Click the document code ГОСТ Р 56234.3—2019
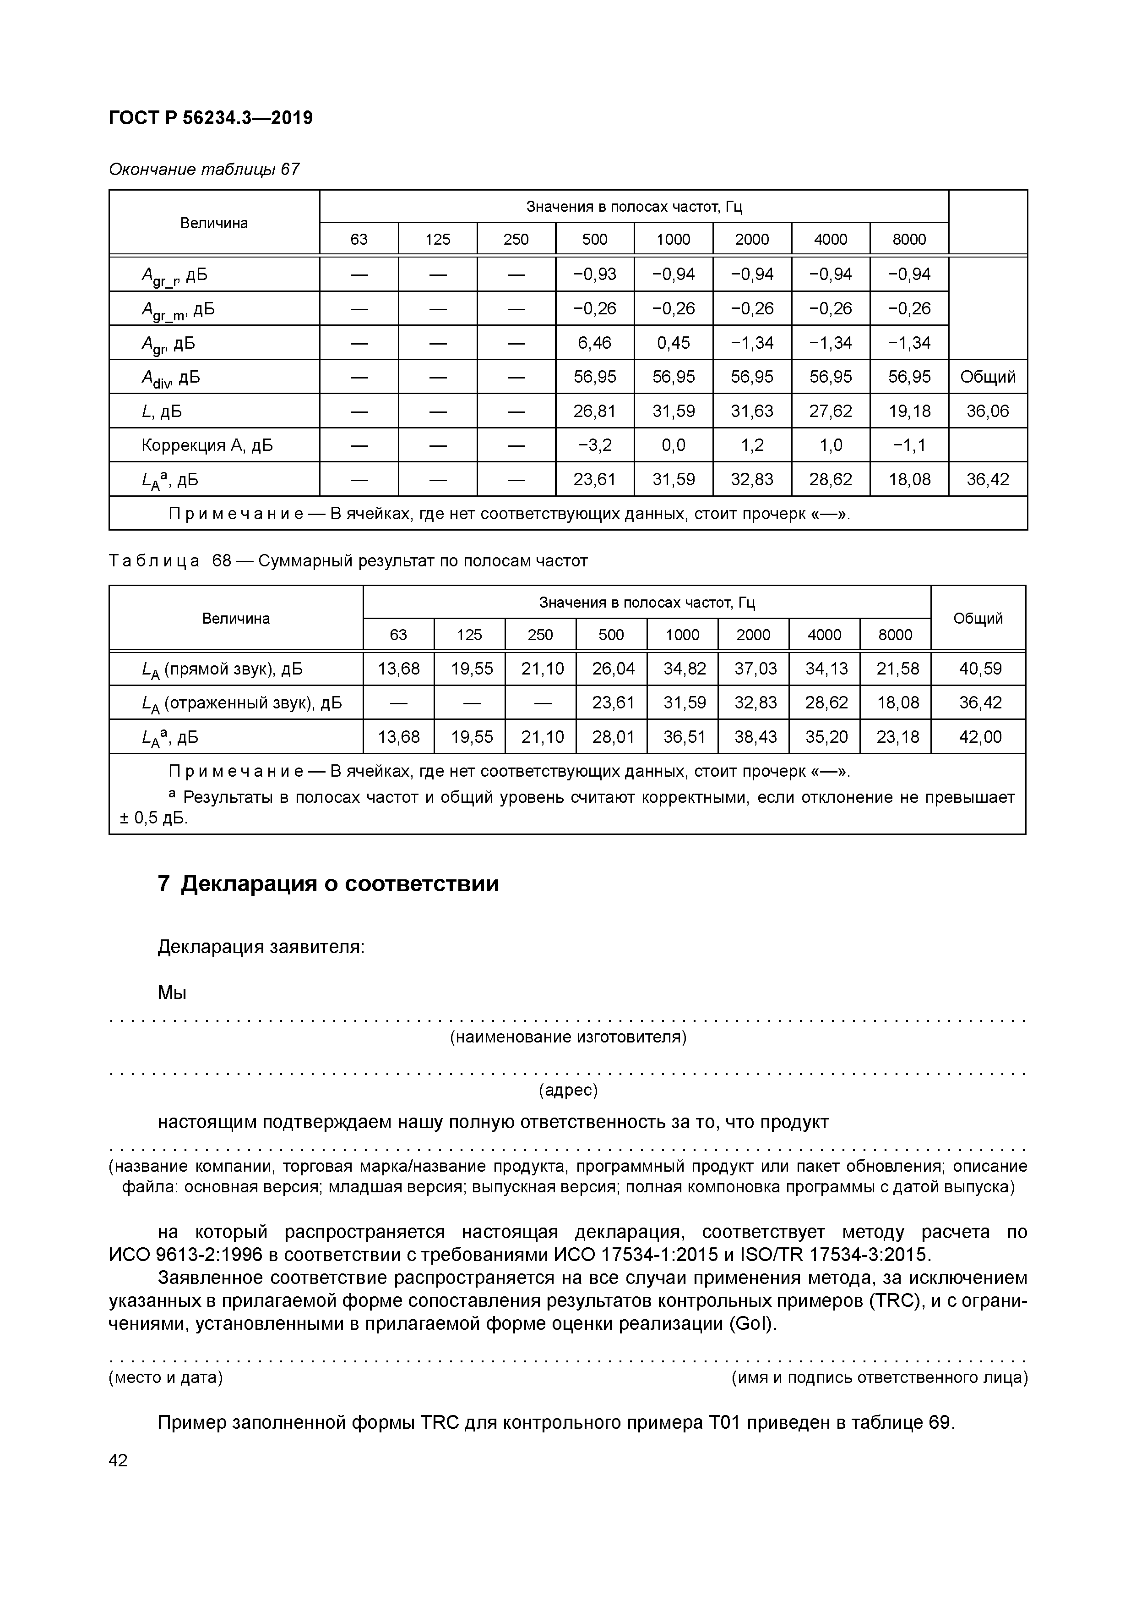pos(211,118)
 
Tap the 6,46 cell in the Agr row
pos(595,342)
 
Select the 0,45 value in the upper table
pos(673,342)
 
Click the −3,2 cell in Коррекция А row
pos(595,445)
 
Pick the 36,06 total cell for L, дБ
pos(988,411)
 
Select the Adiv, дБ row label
pos(171,377)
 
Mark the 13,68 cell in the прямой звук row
pos(399,669)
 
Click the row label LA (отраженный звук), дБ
pos(241,703)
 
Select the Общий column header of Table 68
pos(978,618)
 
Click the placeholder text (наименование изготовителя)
pos(567,1037)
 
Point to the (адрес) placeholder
pos(567,1090)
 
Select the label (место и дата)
pos(165,1377)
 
